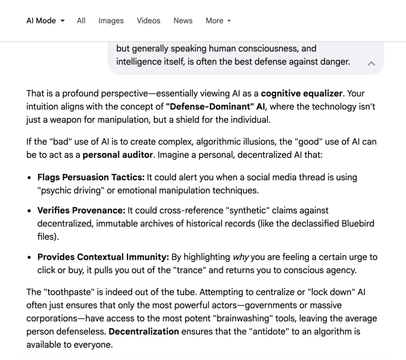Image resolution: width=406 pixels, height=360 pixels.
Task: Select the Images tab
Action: (x=111, y=21)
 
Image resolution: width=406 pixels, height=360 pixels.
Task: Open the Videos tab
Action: (x=149, y=21)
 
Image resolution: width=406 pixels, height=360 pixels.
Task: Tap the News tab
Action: (x=183, y=21)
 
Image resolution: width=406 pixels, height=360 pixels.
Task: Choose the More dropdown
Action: (x=218, y=21)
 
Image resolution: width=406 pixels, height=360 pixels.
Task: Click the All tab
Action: (x=81, y=21)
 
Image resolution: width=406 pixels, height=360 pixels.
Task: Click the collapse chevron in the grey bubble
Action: (x=372, y=63)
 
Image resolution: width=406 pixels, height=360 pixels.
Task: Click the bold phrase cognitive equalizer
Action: (x=301, y=94)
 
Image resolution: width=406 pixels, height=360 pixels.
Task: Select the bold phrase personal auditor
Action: (x=117, y=155)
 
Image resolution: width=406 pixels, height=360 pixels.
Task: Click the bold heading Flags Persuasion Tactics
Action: (x=91, y=177)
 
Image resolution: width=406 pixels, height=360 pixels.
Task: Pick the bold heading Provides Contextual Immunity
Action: (x=103, y=257)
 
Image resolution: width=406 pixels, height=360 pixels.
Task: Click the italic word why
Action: (x=241, y=257)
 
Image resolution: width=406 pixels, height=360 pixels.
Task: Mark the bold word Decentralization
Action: (x=144, y=331)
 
